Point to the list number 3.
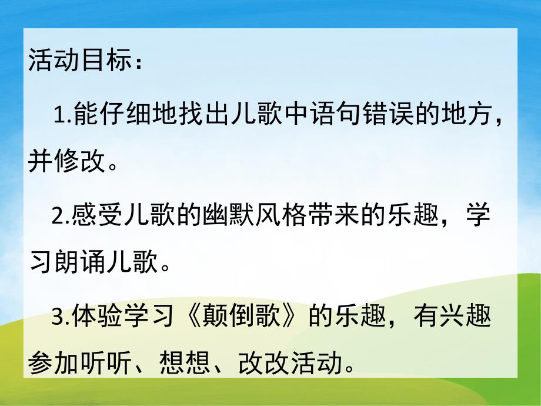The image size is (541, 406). click(x=58, y=318)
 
